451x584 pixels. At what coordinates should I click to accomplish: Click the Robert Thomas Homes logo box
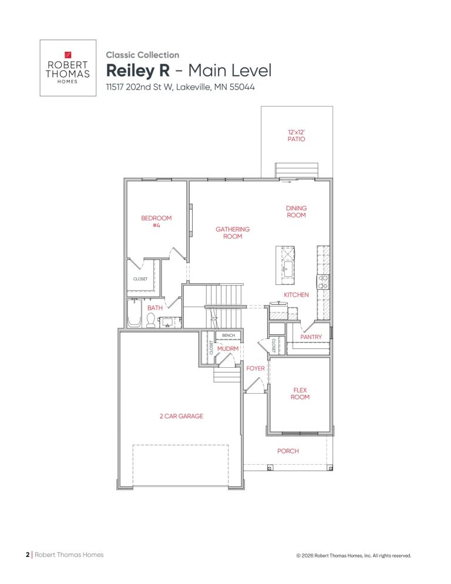point(68,68)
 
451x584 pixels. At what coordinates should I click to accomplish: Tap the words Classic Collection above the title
point(142,55)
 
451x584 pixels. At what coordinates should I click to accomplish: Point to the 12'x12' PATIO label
point(296,136)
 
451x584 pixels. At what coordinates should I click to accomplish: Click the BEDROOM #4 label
point(156,221)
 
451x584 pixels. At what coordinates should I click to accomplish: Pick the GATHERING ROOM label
point(233,233)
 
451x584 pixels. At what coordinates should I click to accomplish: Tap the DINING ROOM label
point(296,212)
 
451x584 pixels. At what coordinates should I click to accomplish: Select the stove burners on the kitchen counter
point(324,281)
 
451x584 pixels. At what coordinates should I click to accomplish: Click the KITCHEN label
point(296,294)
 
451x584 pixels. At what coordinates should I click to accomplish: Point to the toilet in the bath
point(151,320)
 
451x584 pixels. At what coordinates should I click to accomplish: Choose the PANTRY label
point(311,337)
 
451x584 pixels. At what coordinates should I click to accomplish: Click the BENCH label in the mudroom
point(228,335)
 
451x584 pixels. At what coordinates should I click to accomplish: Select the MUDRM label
point(227,348)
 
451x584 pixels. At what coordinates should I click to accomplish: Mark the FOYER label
point(255,368)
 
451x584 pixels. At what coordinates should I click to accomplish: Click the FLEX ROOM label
point(300,394)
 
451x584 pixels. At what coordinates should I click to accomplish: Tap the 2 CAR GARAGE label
point(181,416)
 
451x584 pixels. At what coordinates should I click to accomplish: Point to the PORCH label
point(288,451)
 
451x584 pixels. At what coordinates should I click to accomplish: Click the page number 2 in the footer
point(28,555)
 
